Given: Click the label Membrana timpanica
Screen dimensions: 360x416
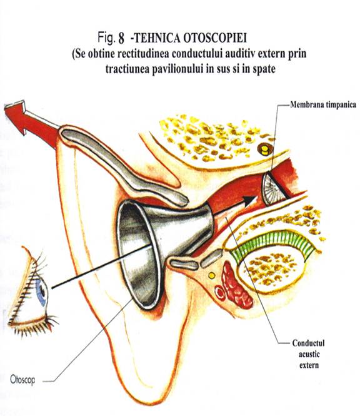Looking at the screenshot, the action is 323,104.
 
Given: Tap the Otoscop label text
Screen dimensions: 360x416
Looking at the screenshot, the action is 22,380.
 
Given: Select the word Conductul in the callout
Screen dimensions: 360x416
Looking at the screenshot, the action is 308,343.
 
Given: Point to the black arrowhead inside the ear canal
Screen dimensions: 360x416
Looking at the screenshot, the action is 250,200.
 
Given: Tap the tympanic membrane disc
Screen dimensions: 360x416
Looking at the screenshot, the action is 272,189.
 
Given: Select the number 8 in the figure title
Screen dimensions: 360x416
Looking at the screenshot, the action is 121,38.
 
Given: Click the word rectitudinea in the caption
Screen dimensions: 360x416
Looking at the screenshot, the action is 143,54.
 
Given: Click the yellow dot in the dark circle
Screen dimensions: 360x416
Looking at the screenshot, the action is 265,151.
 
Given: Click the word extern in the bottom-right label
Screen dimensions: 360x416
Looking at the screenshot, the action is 309,365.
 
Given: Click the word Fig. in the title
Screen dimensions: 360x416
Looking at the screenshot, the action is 107,38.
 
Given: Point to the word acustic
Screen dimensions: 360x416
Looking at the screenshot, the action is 309,354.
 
